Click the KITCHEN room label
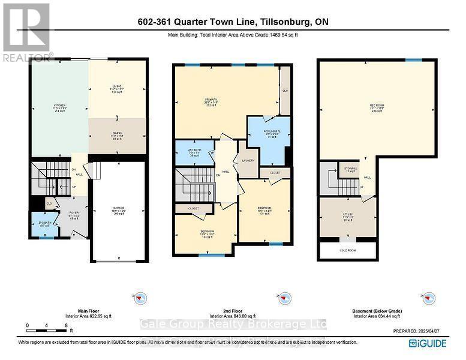click(59, 108)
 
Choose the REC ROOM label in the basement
click(377, 108)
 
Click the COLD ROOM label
click(348, 251)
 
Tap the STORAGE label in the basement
click(351, 169)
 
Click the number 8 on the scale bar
click(65, 325)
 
